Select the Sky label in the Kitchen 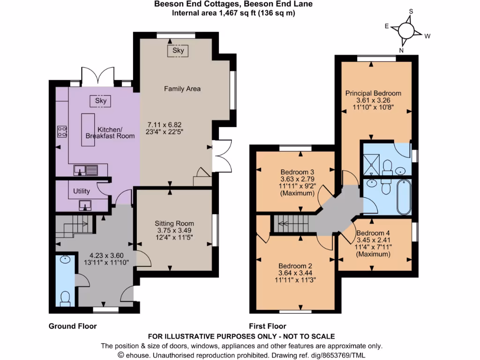101,100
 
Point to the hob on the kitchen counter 61,131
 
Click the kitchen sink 85,170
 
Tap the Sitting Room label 174,223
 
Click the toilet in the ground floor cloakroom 65,297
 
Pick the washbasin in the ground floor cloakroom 65,259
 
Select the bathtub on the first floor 403,196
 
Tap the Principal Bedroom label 373,93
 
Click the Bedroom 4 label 373,233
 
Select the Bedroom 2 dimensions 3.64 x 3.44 295,272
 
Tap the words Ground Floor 73,326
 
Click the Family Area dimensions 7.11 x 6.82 164,125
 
